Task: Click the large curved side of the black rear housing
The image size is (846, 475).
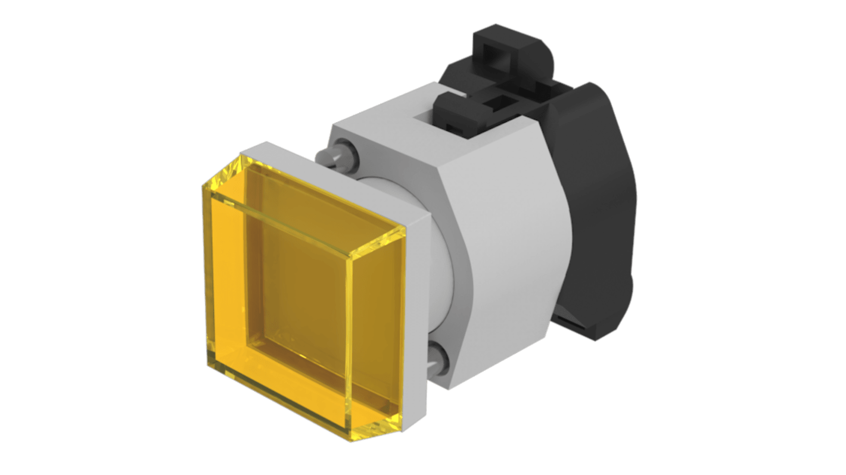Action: (x=602, y=208)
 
